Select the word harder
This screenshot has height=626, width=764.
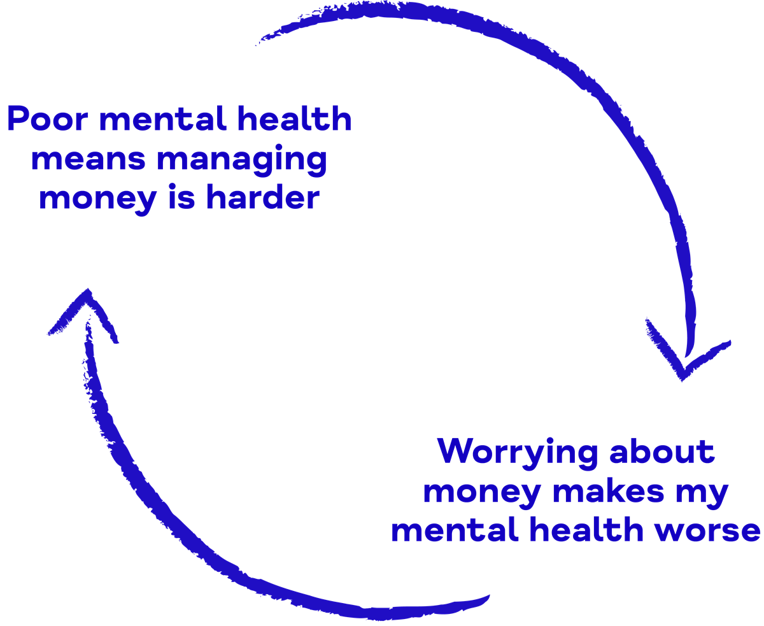point(263,198)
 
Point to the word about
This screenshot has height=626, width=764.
point(662,452)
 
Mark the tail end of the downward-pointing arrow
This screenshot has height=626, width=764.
point(261,41)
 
